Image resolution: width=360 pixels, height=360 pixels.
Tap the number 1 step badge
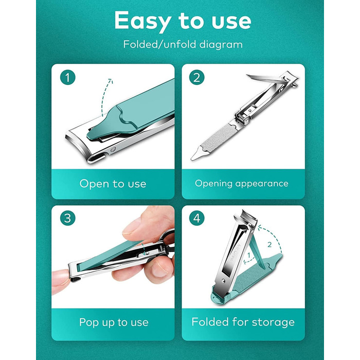(68, 77)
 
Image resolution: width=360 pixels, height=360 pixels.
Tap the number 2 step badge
(197, 77)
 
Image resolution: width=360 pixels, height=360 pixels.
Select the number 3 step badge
(68, 218)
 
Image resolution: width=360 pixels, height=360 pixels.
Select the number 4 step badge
(197, 218)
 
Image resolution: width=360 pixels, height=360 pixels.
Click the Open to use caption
(113, 184)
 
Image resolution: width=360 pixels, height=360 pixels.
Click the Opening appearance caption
(242, 184)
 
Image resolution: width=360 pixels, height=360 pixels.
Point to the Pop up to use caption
(114, 322)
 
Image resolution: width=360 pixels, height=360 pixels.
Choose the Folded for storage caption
(243, 322)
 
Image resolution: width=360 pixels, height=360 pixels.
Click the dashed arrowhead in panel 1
(111, 81)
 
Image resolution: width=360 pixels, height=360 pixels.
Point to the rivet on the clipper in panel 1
(113, 150)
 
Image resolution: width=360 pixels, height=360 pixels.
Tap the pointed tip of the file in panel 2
(192, 159)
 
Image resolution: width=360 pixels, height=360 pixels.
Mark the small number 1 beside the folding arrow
(249, 255)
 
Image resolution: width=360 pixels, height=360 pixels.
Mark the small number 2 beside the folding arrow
(269, 244)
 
